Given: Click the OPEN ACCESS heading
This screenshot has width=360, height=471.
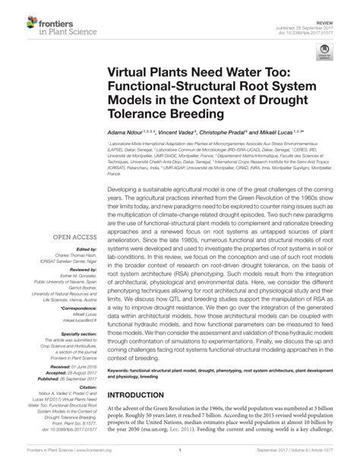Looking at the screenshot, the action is tap(73, 237).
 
